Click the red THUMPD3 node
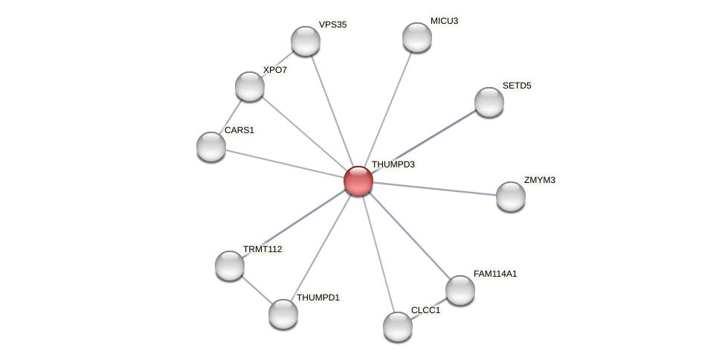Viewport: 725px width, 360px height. click(358, 181)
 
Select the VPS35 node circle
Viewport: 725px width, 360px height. click(305, 41)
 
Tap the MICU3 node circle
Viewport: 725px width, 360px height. click(416, 37)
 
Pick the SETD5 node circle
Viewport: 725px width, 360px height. click(489, 102)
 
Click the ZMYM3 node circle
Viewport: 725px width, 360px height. click(510, 196)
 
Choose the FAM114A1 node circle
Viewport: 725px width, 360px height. click(460, 290)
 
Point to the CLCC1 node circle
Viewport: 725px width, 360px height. click(397, 327)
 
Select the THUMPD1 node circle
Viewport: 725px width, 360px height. click(283, 314)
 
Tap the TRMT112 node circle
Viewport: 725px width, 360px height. click(229, 266)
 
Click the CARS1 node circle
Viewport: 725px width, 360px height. click(210, 147)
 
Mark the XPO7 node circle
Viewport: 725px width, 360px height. click(249, 86)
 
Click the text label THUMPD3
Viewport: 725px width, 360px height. click(393, 164)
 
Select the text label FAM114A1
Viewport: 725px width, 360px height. click(494, 274)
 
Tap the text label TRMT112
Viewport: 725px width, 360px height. click(262, 249)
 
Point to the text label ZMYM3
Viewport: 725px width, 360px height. click(539, 180)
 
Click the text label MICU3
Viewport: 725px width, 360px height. click(444, 21)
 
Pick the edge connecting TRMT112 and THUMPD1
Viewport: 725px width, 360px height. click(256, 290)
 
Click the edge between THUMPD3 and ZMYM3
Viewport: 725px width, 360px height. click(434, 189)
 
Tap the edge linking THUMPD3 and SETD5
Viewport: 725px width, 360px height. click(423, 141)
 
